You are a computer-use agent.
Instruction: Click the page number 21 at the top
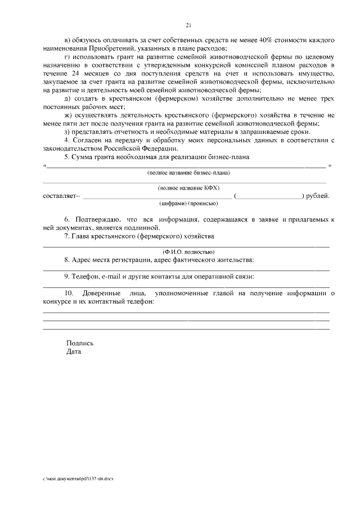coord(188,24)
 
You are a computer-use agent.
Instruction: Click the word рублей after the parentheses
coord(318,196)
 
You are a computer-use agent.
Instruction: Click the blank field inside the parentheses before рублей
coord(269,196)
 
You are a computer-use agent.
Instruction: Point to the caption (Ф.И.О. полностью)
coord(188,251)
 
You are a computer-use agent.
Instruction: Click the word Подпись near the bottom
coord(80,343)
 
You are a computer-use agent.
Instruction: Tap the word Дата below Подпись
coord(73,352)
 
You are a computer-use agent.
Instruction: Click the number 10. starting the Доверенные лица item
coord(69,293)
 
